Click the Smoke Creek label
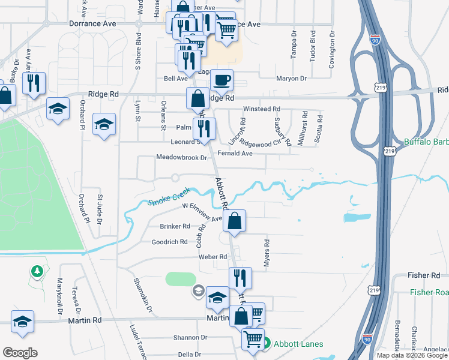[169, 197]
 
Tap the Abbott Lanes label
[298, 344]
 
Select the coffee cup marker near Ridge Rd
[221, 80]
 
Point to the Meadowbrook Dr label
[181, 157]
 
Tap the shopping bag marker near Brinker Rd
[236, 220]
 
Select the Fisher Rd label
[424, 275]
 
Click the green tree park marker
[37, 272]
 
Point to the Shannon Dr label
[190, 338]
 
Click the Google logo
[20, 352]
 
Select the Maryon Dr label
[291, 79]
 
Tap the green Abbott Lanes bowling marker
[266, 344]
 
